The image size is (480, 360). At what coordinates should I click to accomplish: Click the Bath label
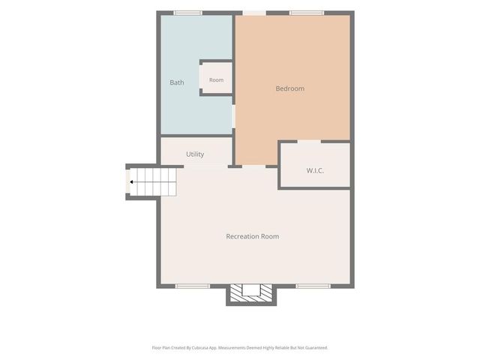click(177, 82)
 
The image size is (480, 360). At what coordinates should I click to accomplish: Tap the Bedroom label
click(290, 88)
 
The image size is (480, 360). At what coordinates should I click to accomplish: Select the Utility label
click(195, 154)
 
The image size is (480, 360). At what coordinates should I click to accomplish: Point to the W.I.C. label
click(315, 170)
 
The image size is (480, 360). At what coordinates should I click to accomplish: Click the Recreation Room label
click(253, 236)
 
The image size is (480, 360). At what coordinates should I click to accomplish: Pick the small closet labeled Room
click(216, 78)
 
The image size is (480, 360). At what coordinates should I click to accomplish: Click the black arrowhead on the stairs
click(131, 182)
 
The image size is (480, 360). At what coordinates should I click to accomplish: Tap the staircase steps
click(153, 182)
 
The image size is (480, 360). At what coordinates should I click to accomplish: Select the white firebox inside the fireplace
click(251, 290)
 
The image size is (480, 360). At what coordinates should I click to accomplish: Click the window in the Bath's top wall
click(188, 13)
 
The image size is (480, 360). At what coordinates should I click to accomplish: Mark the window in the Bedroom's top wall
click(307, 13)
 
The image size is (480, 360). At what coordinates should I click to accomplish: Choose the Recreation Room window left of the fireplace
click(193, 286)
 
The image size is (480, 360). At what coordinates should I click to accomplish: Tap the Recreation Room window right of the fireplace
click(313, 286)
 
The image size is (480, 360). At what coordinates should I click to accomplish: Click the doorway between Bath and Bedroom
click(233, 116)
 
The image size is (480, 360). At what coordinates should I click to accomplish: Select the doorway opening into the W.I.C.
click(309, 142)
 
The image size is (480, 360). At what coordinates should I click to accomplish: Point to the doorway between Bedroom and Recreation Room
click(253, 166)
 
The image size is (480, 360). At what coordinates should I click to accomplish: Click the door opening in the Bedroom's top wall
click(254, 13)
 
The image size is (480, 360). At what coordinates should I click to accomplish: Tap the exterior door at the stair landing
click(127, 181)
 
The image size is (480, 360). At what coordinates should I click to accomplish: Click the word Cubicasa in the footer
click(200, 348)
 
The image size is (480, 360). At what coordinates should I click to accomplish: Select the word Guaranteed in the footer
click(318, 348)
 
